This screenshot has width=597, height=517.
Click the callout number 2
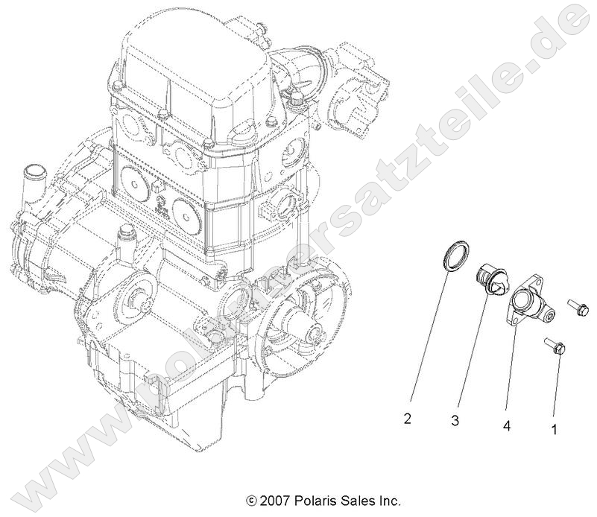pos(407,419)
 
